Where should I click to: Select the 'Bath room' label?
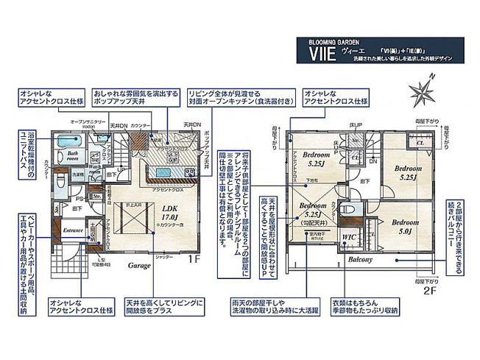[x=68, y=155]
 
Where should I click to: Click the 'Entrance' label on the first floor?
[x=73, y=230]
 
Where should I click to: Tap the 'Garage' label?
[x=140, y=264]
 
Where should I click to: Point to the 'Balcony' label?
[x=361, y=260]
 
